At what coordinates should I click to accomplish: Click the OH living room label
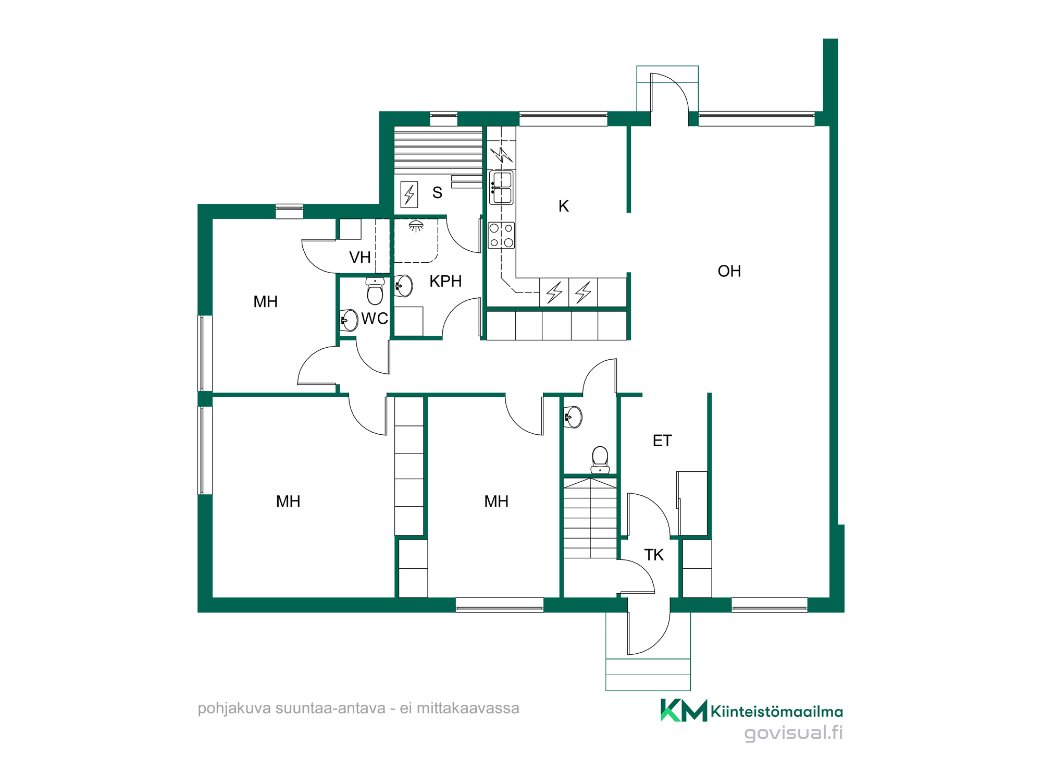pyautogui.click(x=729, y=271)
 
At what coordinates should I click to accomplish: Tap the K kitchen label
pyautogui.click(x=563, y=206)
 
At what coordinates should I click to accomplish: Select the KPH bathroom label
pyautogui.click(x=445, y=282)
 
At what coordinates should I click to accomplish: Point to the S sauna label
pyautogui.click(x=437, y=193)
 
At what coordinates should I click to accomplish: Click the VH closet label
pyautogui.click(x=360, y=258)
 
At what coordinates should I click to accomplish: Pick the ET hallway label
pyautogui.click(x=662, y=441)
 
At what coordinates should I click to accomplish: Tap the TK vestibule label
pyautogui.click(x=654, y=555)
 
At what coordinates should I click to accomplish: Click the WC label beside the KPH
pyautogui.click(x=375, y=319)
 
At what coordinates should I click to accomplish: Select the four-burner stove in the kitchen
pyautogui.click(x=501, y=235)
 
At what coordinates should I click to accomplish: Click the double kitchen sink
pyautogui.click(x=501, y=188)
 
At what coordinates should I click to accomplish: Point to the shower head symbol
pyautogui.click(x=416, y=225)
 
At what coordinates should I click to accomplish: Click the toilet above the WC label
pyautogui.click(x=375, y=291)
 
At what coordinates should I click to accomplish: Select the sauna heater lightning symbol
pyautogui.click(x=410, y=194)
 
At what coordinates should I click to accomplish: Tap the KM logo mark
pyautogui.click(x=684, y=710)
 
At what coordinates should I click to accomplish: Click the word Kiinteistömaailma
pyautogui.click(x=777, y=712)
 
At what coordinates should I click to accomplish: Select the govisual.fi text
pyautogui.click(x=793, y=734)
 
